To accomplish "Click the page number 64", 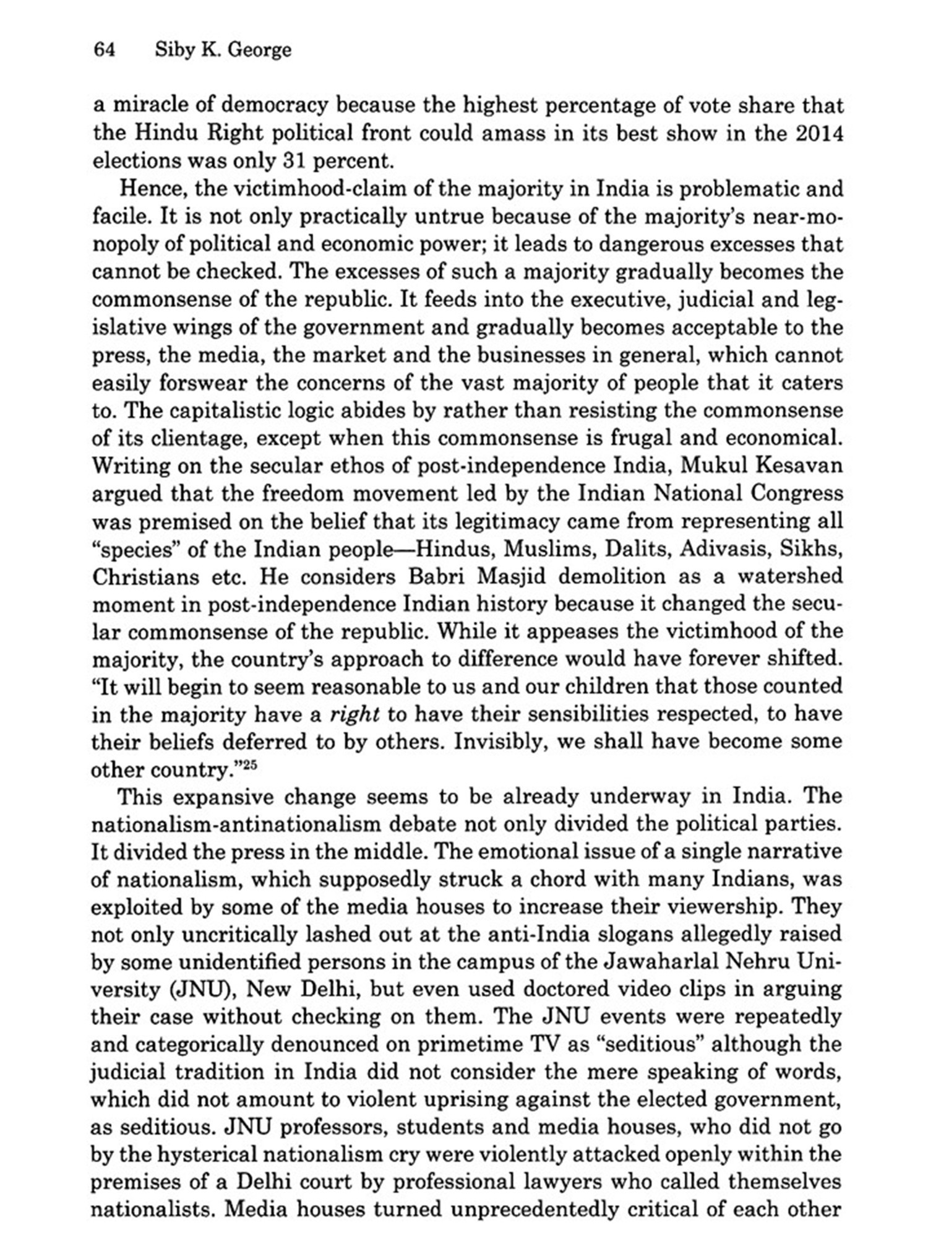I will (x=104, y=50).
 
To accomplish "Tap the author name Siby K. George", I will (x=223, y=50).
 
